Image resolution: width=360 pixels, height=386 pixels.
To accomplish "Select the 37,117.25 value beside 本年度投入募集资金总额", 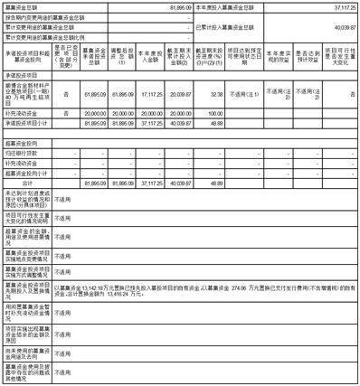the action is click(x=341, y=6).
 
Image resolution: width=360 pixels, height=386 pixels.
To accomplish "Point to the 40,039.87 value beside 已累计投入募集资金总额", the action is click(x=341, y=27).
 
